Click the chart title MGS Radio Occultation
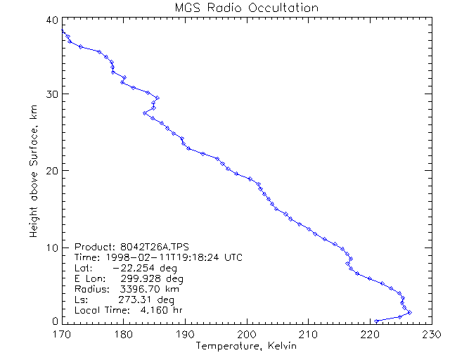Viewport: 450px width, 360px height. [x=246, y=8]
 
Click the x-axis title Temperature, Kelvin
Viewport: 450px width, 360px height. [x=246, y=347]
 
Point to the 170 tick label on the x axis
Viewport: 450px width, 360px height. [x=62, y=334]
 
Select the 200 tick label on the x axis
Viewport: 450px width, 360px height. [x=247, y=334]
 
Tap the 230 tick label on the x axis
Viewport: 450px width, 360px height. [x=431, y=334]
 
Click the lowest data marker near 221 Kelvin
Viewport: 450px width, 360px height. [x=377, y=321]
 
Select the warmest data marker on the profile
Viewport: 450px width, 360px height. [x=409, y=312]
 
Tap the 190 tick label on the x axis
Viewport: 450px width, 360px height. [x=185, y=334]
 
